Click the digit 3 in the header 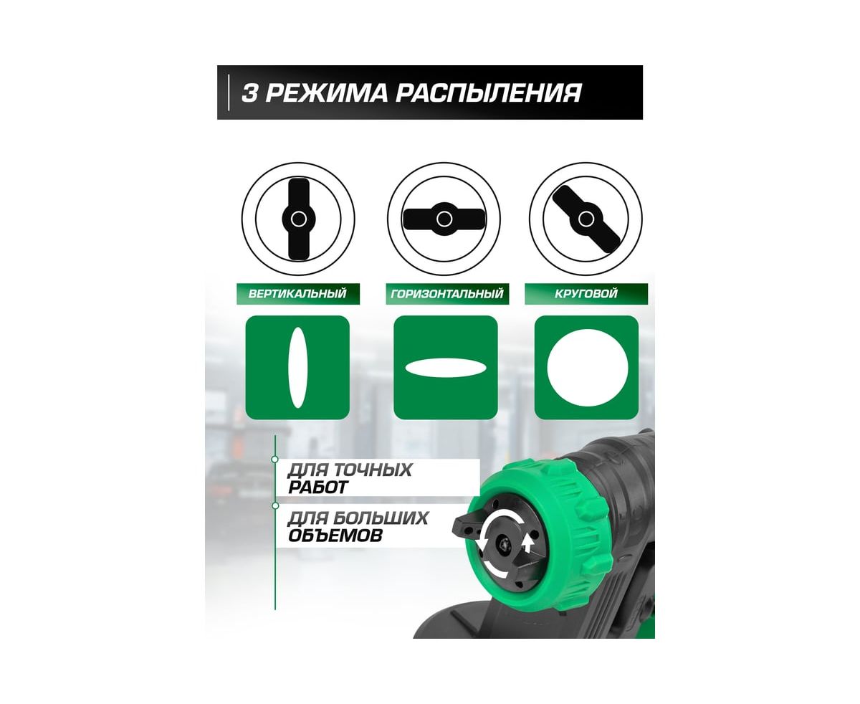[249, 93]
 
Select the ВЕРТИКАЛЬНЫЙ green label [297, 294]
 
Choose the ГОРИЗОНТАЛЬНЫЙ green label [447, 294]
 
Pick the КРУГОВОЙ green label [586, 294]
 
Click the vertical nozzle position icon [298, 219]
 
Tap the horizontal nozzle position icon [444, 219]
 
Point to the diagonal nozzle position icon [586, 219]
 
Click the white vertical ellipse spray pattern [297, 368]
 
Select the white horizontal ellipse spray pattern [445, 368]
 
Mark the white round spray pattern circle [587, 368]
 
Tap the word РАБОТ [318, 487]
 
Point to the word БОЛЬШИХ [381, 518]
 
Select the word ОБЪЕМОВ [335, 535]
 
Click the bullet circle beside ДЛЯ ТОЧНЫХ [275, 460]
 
